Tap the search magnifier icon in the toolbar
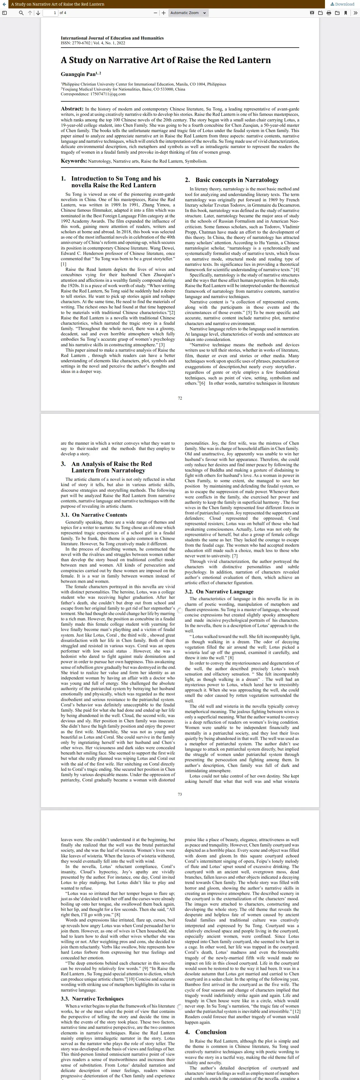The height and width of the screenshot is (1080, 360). tap(21, 13)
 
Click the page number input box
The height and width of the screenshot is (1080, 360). tap(50, 13)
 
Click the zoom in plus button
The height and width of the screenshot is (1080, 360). tap(163, 13)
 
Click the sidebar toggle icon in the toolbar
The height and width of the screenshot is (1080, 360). tap(4, 13)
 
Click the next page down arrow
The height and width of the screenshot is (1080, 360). tap(38, 13)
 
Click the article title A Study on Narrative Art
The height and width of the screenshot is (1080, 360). tap(165, 60)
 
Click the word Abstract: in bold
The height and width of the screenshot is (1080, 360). tap(72, 109)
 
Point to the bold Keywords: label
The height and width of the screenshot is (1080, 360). tap(74, 161)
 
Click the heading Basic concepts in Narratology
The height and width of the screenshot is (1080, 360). tap(237, 180)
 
